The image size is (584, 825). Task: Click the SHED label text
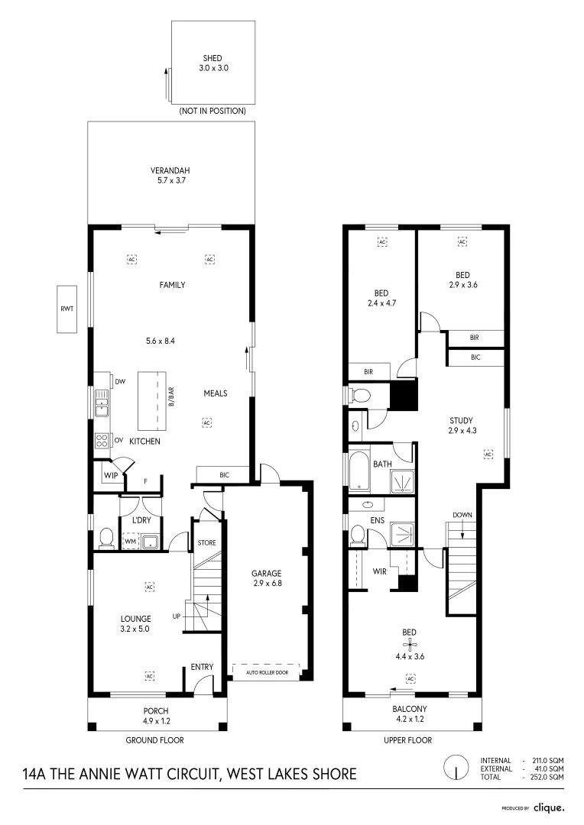(x=212, y=58)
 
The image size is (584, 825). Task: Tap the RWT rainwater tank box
(x=67, y=309)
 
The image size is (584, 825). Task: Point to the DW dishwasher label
(x=120, y=381)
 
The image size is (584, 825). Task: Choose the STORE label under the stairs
(x=208, y=543)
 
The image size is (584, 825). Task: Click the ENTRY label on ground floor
(x=202, y=667)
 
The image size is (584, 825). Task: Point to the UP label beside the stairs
(x=177, y=616)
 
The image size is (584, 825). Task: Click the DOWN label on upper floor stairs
(x=462, y=515)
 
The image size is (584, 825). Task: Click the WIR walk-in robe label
(x=378, y=571)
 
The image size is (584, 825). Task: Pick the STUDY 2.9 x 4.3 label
(x=461, y=425)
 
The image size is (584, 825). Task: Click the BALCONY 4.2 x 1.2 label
(x=411, y=714)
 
